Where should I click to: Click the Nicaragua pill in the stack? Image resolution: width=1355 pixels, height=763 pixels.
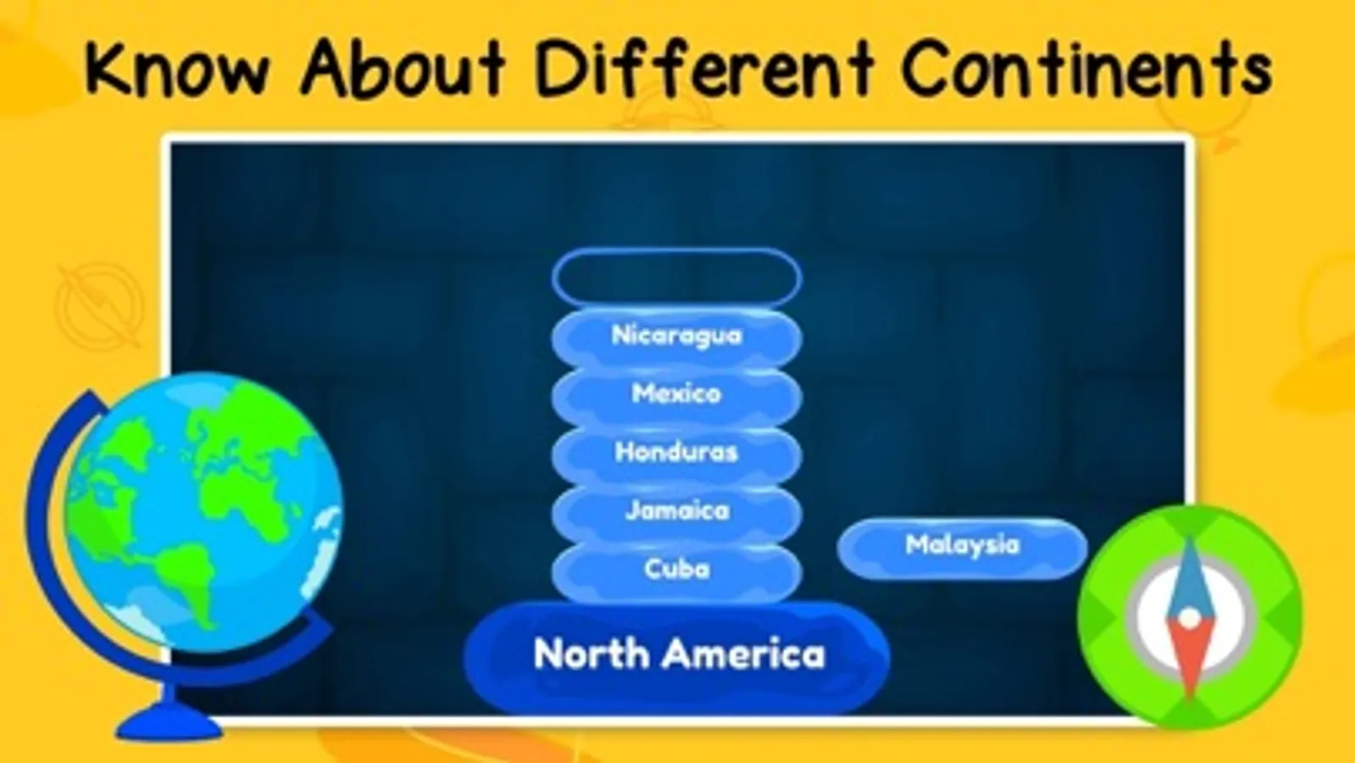point(676,336)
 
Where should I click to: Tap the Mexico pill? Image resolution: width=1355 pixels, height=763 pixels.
point(676,394)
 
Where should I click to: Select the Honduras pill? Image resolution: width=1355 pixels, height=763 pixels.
point(676,453)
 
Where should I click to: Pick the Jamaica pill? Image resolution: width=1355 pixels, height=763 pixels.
point(676,511)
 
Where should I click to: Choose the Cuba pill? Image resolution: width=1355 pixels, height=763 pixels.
point(676,570)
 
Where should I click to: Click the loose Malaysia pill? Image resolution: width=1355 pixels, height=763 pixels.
point(962,546)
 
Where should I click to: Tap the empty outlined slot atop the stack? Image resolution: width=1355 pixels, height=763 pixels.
point(676,277)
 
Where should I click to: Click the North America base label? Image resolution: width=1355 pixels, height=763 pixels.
point(678,655)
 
